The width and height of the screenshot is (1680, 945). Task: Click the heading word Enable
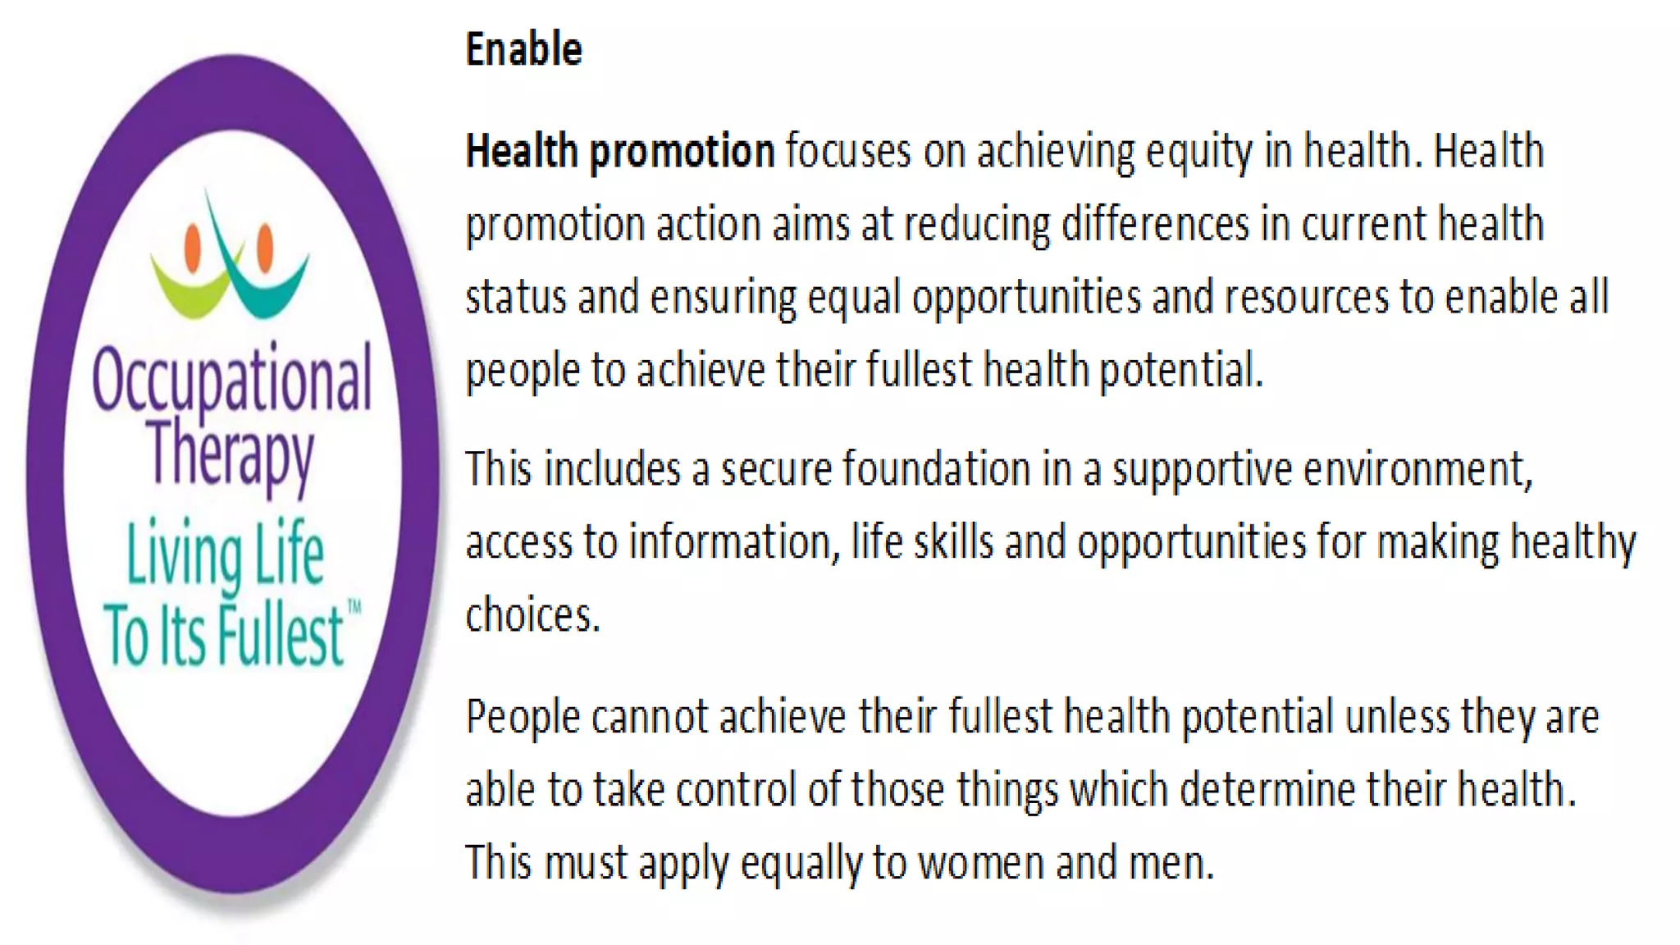(x=523, y=49)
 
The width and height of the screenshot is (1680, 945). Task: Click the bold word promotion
(x=682, y=152)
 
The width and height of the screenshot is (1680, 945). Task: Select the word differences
(x=1155, y=224)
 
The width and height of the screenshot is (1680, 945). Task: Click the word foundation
(x=937, y=469)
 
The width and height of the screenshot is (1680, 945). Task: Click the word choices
(x=532, y=615)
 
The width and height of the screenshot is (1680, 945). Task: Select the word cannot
(x=649, y=717)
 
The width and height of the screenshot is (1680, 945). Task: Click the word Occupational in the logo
(x=232, y=380)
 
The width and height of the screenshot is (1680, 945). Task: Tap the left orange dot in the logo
(x=193, y=248)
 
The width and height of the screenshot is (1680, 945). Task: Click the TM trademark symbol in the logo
(x=354, y=608)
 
